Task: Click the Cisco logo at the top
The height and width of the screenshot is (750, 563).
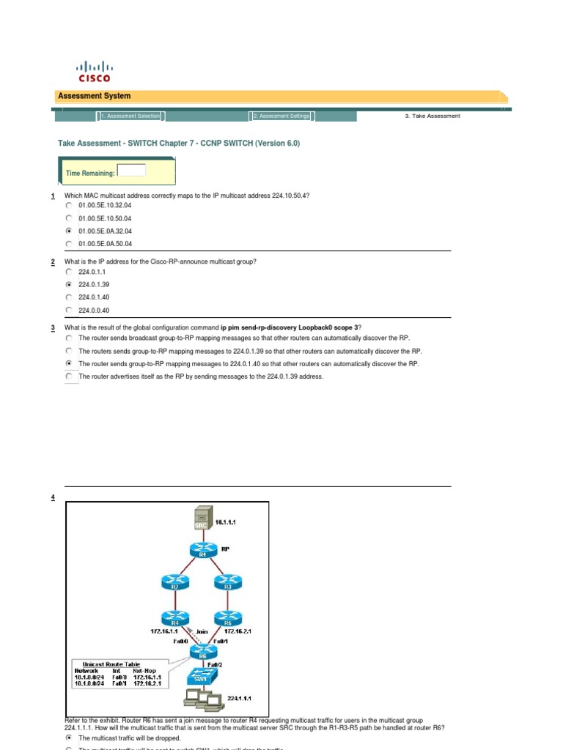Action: point(94,70)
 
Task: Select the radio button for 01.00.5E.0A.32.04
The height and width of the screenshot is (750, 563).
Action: point(68,231)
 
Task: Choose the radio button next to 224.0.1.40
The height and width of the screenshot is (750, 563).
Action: point(68,297)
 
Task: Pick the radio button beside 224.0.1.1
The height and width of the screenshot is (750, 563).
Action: point(68,271)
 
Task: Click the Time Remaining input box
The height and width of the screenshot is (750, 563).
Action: point(132,171)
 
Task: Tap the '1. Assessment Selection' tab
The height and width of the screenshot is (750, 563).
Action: point(130,116)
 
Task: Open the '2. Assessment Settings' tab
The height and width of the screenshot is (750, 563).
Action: point(282,116)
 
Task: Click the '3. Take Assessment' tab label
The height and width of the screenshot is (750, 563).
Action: point(433,116)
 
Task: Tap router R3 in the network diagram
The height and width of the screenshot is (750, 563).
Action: point(228,583)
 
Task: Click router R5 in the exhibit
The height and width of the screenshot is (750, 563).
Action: point(228,617)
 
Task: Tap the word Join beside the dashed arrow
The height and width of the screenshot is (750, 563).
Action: point(202,631)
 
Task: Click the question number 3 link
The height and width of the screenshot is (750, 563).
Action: point(54,327)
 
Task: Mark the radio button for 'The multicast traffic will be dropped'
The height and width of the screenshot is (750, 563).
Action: point(68,738)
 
